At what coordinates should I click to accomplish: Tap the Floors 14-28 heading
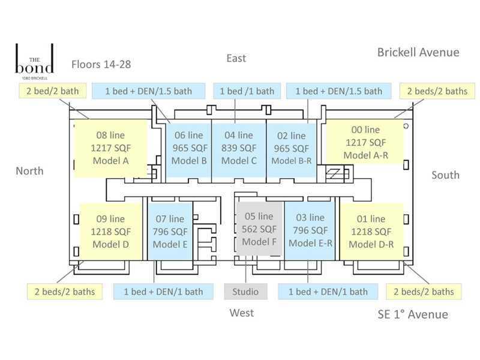click(101, 64)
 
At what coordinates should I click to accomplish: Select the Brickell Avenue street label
click(418, 52)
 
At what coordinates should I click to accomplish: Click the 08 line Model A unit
click(110, 148)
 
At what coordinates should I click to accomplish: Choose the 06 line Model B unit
click(188, 148)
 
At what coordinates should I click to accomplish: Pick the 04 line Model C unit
click(238, 148)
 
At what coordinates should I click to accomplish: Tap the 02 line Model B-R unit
click(290, 148)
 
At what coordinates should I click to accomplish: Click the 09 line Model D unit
click(110, 232)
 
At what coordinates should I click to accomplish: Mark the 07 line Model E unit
click(170, 232)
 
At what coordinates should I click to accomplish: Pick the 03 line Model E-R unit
click(310, 232)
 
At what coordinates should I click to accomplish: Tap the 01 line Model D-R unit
click(370, 232)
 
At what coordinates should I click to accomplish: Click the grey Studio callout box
click(245, 292)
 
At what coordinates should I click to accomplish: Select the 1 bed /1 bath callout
click(247, 91)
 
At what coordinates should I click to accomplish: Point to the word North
click(29, 171)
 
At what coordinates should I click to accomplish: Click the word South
click(445, 175)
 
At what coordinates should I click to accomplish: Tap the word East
click(236, 58)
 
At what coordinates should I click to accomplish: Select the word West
click(241, 313)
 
